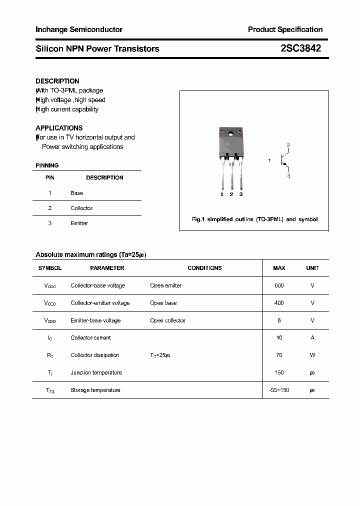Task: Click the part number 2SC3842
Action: (300, 48)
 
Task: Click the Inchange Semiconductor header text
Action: (79, 29)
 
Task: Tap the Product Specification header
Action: (285, 29)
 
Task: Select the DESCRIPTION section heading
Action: (57, 81)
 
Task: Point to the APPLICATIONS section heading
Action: (59, 128)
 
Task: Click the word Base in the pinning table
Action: (77, 193)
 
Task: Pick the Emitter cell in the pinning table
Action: (79, 223)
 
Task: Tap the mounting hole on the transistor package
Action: (231, 133)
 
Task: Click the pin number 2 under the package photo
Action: (231, 194)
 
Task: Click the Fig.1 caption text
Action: (254, 219)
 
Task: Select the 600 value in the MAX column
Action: (279, 285)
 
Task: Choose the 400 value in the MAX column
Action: (279, 303)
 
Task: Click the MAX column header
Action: (279, 268)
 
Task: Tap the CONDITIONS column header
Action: (204, 268)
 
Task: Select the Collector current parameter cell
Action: (90, 338)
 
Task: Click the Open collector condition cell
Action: (167, 320)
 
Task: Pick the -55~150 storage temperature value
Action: (279, 390)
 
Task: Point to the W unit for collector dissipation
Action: (312, 355)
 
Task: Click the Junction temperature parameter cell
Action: (96, 372)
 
